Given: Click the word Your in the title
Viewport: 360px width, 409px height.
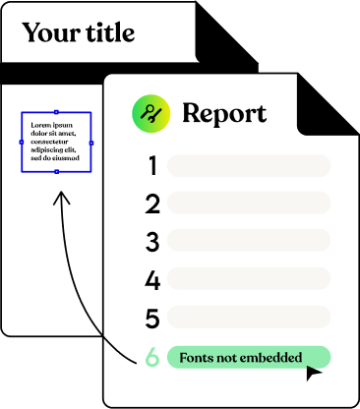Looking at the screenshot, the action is (x=51, y=32).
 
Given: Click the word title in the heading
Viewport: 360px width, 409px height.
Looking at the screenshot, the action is (x=110, y=32).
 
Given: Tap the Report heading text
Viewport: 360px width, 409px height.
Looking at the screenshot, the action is (x=224, y=113).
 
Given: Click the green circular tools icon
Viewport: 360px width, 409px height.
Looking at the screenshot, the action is (x=150, y=113).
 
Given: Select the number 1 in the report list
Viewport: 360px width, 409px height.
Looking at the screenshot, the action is (x=152, y=165).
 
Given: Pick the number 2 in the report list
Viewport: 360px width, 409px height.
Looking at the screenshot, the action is (x=152, y=204).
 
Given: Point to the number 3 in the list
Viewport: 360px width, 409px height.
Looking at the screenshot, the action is (x=152, y=242).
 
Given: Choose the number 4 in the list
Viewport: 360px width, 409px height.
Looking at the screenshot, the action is (x=152, y=280).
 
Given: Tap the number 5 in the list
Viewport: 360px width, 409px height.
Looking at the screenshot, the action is (x=152, y=319).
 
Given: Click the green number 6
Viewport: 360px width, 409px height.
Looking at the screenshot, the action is (x=152, y=357).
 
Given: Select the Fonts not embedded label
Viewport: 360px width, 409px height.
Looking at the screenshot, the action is (x=241, y=357).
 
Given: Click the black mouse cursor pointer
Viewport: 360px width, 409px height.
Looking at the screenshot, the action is (x=313, y=373).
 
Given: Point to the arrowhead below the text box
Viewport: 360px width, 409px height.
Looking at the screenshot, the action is (x=61, y=198).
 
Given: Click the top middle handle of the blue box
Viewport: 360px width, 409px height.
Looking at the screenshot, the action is (x=56, y=112).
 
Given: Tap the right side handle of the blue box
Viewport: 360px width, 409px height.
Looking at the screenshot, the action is (x=91, y=143).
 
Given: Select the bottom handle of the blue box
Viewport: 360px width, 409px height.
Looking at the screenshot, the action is (x=57, y=172).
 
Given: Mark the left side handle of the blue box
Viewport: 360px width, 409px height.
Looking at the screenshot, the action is (x=22, y=143).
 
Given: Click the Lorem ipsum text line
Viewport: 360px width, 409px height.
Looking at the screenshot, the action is (x=52, y=125).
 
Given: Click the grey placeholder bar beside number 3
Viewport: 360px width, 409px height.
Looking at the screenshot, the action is (x=249, y=240).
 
